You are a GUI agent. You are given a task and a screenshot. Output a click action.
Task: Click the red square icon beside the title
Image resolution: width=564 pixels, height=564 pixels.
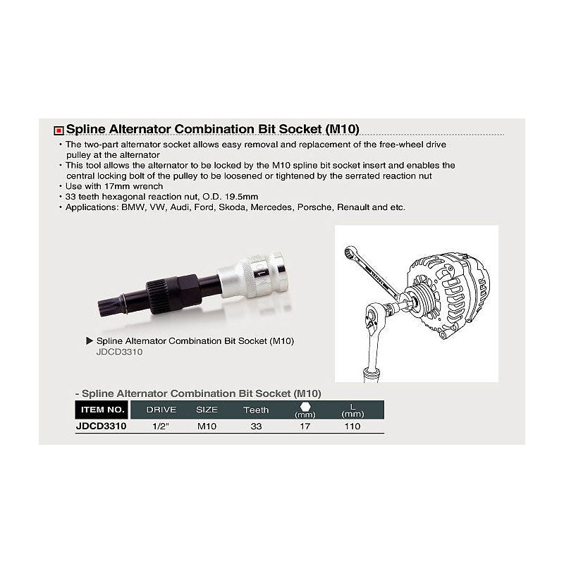[x=59, y=130]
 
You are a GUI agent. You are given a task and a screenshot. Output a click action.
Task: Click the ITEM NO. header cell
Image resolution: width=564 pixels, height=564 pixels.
[x=102, y=410]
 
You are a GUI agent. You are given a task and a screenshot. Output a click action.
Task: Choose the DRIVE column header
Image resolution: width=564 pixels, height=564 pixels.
[x=161, y=410]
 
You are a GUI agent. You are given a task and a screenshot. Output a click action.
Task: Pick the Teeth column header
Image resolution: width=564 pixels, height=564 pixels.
[x=256, y=410]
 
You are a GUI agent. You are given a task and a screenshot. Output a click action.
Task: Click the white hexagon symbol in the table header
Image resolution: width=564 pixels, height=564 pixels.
[x=305, y=407]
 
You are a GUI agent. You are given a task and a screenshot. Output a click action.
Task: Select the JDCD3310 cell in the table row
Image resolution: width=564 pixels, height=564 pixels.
[x=102, y=427]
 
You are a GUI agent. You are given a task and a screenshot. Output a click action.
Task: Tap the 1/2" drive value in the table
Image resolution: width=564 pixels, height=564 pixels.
[x=161, y=427]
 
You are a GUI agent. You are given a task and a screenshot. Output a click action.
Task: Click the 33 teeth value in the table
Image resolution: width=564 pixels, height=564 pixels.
[x=256, y=427]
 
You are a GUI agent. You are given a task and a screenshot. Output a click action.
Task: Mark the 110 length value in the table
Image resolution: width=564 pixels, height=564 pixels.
[x=352, y=427]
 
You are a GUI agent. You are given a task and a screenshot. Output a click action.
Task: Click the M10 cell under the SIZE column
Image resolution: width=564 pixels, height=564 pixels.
[x=207, y=427]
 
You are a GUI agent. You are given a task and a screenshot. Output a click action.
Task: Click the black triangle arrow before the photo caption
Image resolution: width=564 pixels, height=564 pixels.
[x=90, y=341]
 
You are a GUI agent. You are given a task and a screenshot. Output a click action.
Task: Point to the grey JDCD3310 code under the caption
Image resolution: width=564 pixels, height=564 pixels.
[x=119, y=352]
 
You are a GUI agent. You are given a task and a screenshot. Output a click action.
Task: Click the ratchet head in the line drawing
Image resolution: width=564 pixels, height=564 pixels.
[x=374, y=319]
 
